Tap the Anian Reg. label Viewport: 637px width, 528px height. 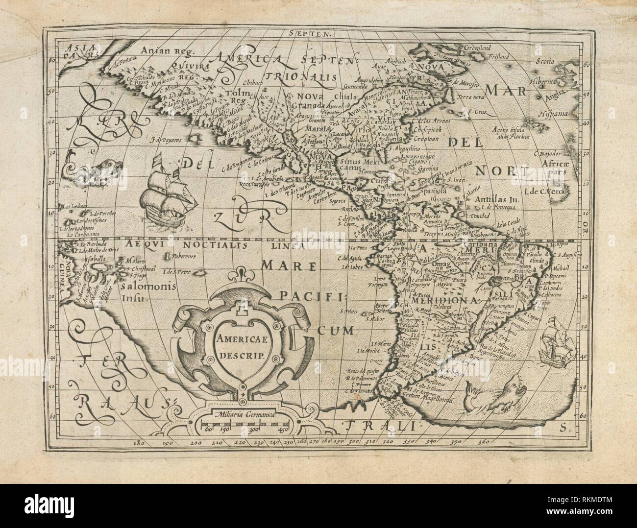(167, 50)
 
